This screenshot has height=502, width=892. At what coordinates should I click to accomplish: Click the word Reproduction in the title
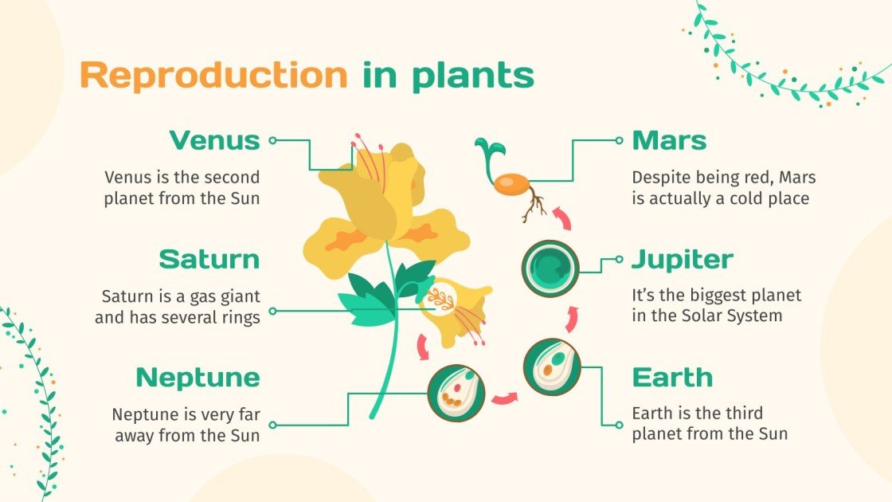pyautogui.click(x=213, y=76)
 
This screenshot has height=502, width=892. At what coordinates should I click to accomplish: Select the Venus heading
pyautogui.click(x=214, y=141)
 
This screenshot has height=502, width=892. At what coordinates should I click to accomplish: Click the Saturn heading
pyautogui.click(x=209, y=259)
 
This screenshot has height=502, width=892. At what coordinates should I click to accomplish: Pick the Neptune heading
pyautogui.click(x=198, y=377)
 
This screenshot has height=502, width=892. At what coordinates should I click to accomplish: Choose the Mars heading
pyautogui.click(x=669, y=141)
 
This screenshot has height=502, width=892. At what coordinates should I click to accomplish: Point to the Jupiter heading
pyautogui.click(x=682, y=259)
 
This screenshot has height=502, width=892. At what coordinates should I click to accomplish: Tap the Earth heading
pyautogui.click(x=672, y=377)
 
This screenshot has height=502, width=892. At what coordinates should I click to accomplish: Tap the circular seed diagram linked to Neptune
pyautogui.click(x=456, y=393)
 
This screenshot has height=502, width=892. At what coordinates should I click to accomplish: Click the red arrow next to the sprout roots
pyautogui.click(x=562, y=217)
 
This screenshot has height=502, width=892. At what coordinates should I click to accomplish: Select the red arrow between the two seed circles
pyautogui.click(x=503, y=396)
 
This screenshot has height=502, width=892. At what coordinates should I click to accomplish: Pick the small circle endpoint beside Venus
pyautogui.click(x=272, y=140)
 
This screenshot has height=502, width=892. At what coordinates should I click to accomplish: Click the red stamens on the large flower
pyautogui.click(x=370, y=163)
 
